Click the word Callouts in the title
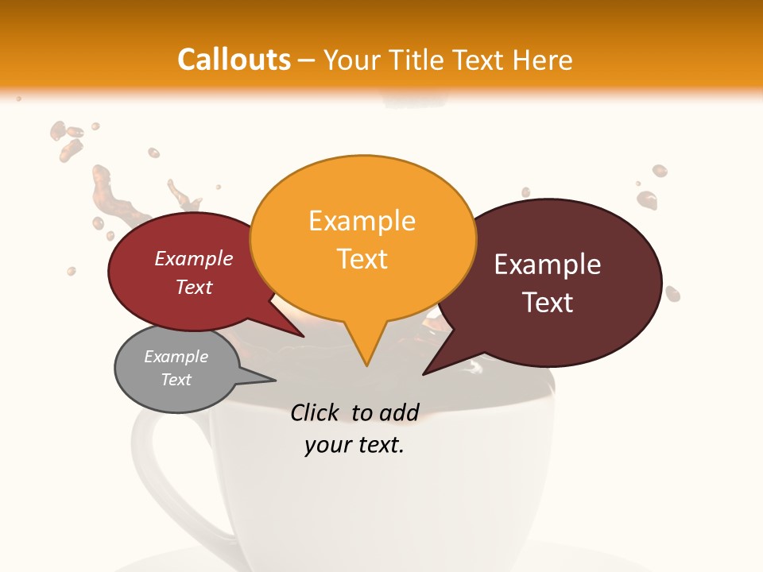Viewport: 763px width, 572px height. pyautogui.click(x=234, y=60)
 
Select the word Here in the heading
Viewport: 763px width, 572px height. pyautogui.click(x=544, y=60)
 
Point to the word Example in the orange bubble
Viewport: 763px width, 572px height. pyautogui.click(x=362, y=221)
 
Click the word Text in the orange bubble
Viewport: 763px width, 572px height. pyautogui.click(x=362, y=259)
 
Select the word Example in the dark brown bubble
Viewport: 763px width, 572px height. pyautogui.click(x=548, y=265)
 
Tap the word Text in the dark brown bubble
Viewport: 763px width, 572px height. pyautogui.click(x=548, y=303)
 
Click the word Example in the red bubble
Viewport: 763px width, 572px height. pyautogui.click(x=194, y=258)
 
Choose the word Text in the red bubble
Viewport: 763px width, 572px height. pyautogui.click(x=194, y=287)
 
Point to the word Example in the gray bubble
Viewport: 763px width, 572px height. pyautogui.click(x=176, y=357)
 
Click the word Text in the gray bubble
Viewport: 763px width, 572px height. pyautogui.click(x=176, y=380)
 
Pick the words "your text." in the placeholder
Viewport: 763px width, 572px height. pyautogui.click(x=354, y=445)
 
